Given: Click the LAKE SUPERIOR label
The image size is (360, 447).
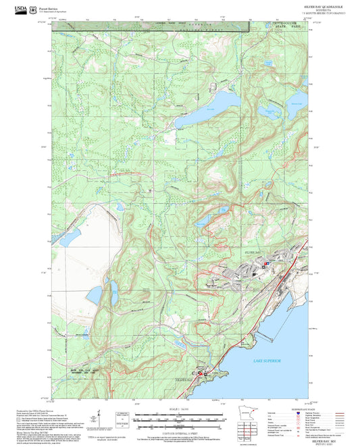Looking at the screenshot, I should pyautogui.click(x=266, y=362).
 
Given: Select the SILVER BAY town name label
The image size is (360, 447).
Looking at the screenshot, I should pyautogui.click(x=251, y=251).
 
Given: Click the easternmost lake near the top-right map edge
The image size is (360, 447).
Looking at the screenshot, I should pyautogui.click(x=296, y=108).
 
